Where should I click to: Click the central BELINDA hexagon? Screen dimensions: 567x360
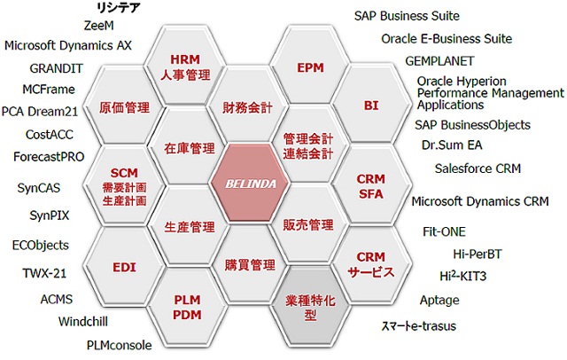pyautogui.click(x=250, y=183)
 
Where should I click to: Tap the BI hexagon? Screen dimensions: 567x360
pyautogui.click(x=371, y=105)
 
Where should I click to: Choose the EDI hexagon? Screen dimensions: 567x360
pyautogui.click(x=124, y=267)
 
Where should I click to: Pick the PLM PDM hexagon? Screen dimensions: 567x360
pyautogui.click(x=187, y=307)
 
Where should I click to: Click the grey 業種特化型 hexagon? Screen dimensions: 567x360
pyautogui.click(x=310, y=307)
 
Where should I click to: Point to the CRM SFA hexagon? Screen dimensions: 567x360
pyautogui.click(x=371, y=185)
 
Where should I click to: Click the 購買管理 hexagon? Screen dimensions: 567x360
pyautogui.click(x=250, y=264)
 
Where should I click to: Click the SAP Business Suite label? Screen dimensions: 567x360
pyautogui.click(x=407, y=16)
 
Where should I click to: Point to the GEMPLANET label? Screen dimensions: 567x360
pyautogui.click(x=439, y=61)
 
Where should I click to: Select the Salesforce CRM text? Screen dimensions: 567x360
pyautogui.click(x=478, y=168)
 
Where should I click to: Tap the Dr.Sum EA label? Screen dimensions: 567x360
pyautogui.click(x=452, y=145)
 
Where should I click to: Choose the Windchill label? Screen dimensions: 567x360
pyautogui.click(x=83, y=321)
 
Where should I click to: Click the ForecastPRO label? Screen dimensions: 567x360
pyautogui.click(x=49, y=157)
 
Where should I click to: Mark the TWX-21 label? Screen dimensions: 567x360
pyautogui.click(x=44, y=273)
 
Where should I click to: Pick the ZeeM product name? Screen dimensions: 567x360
pyautogui.click(x=98, y=26)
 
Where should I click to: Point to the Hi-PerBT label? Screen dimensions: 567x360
pyautogui.click(x=478, y=254)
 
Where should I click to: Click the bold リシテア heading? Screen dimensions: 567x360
pyautogui.click(x=118, y=7)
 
